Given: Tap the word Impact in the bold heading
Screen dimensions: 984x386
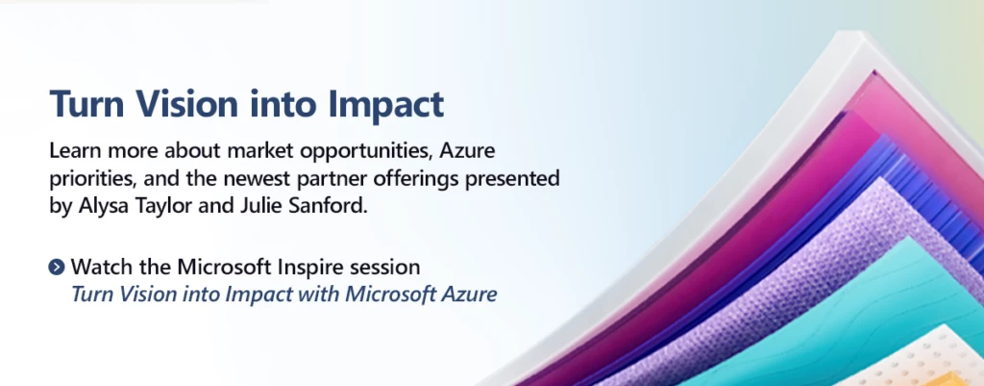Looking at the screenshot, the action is (384, 105).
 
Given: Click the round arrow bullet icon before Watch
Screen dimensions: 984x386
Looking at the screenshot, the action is (57, 268).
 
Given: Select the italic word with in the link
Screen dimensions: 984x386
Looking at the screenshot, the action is (322, 295).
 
